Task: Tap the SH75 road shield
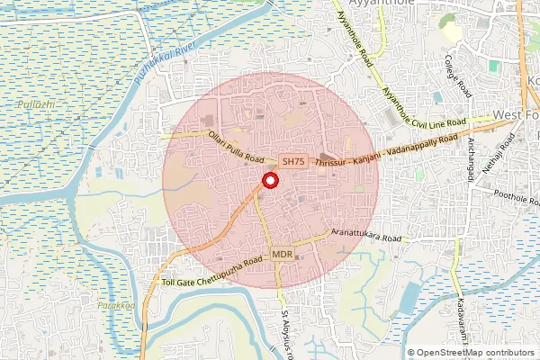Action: tap(293, 161)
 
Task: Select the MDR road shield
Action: tap(282, 256)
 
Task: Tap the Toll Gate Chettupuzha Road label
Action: tap(212, 271)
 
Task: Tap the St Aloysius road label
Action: tap(286, 334)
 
